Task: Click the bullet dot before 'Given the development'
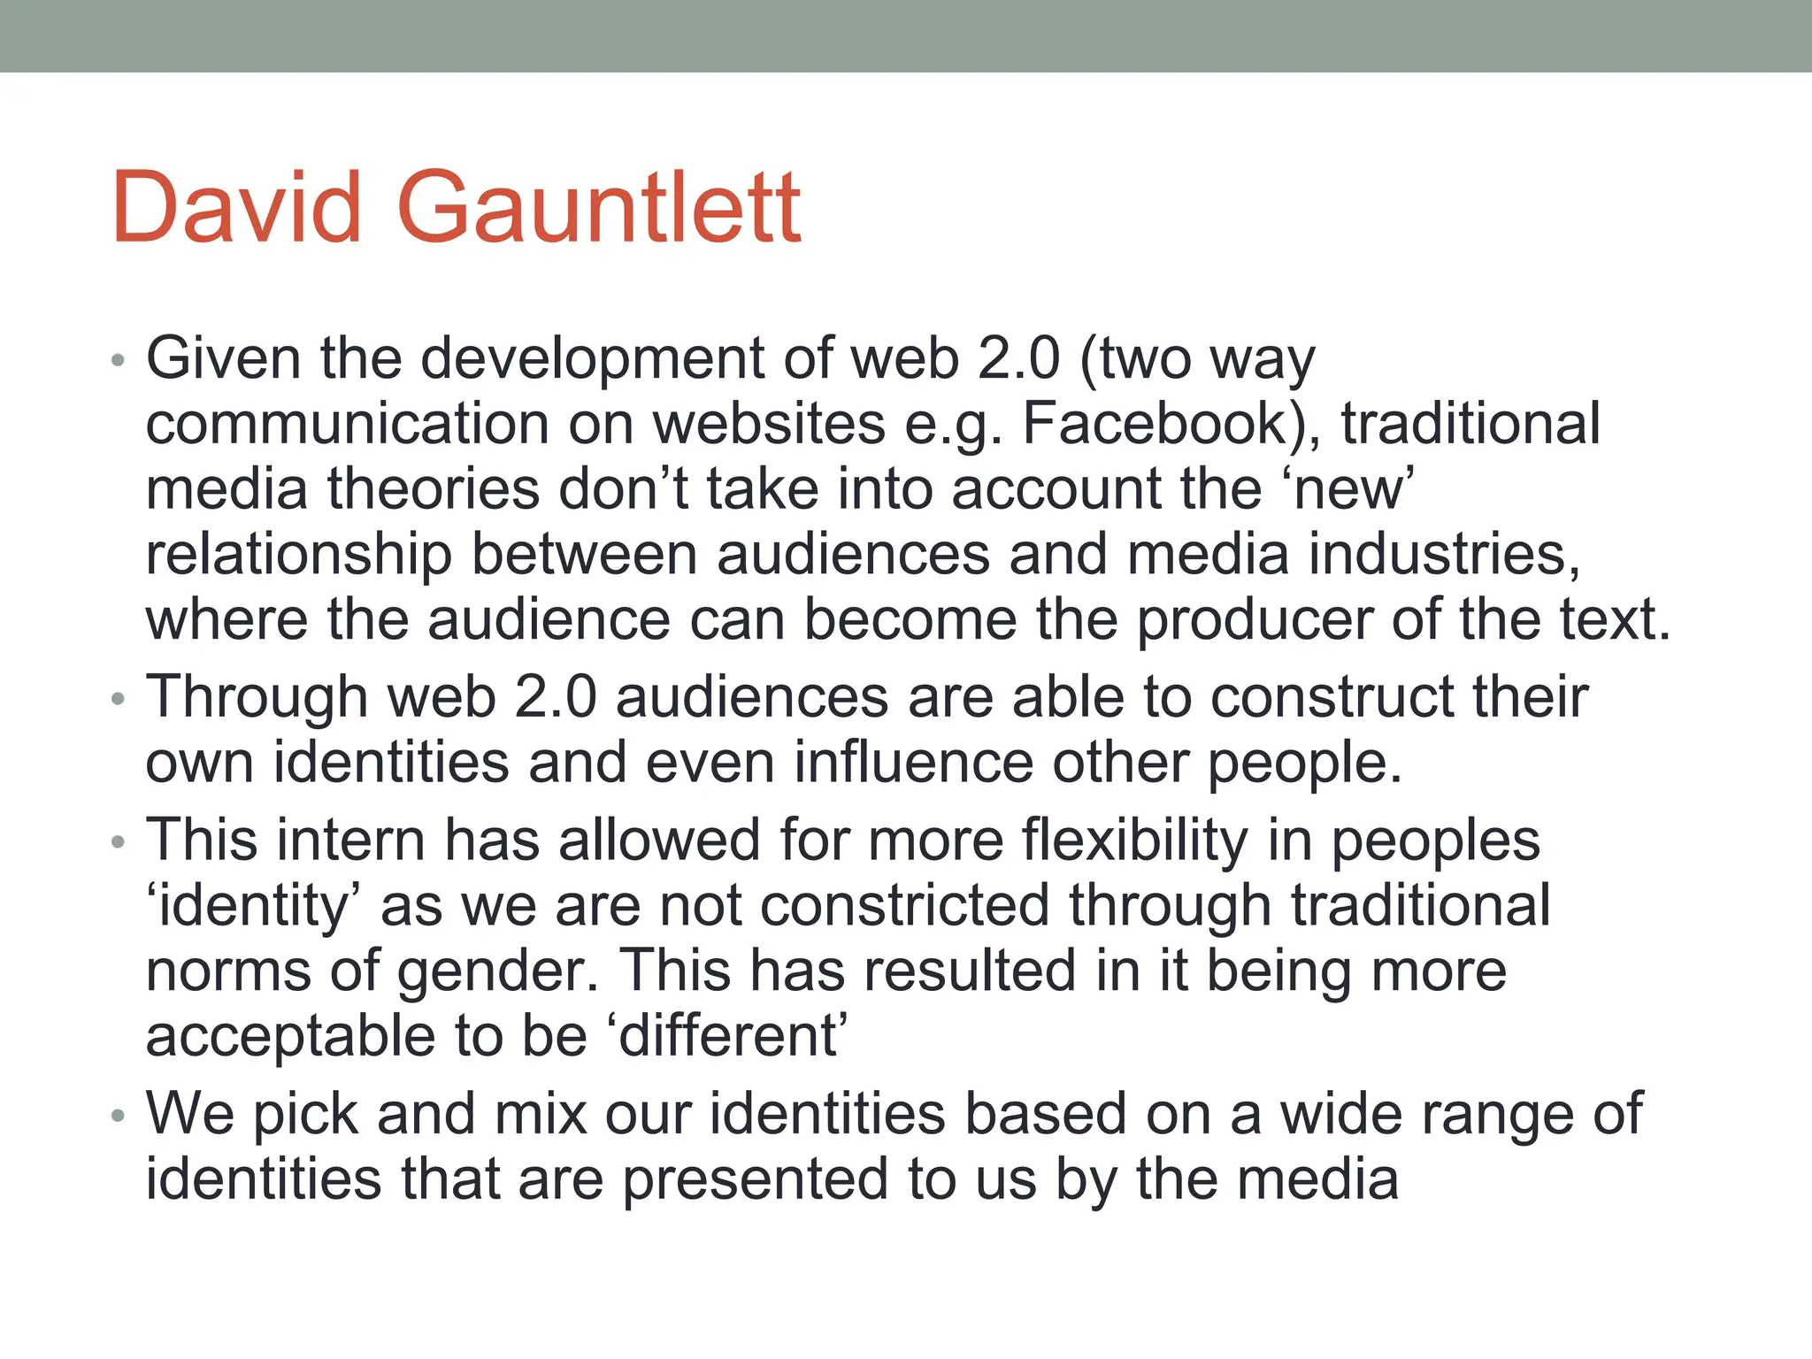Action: tap(119, 360)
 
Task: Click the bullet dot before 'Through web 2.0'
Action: tap(119, 699)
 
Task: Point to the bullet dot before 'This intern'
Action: tap(119, 841)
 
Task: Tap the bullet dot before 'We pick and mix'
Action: tap(119, 1116)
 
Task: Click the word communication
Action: tap(348, 424)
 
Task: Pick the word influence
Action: tap(913, 763)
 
